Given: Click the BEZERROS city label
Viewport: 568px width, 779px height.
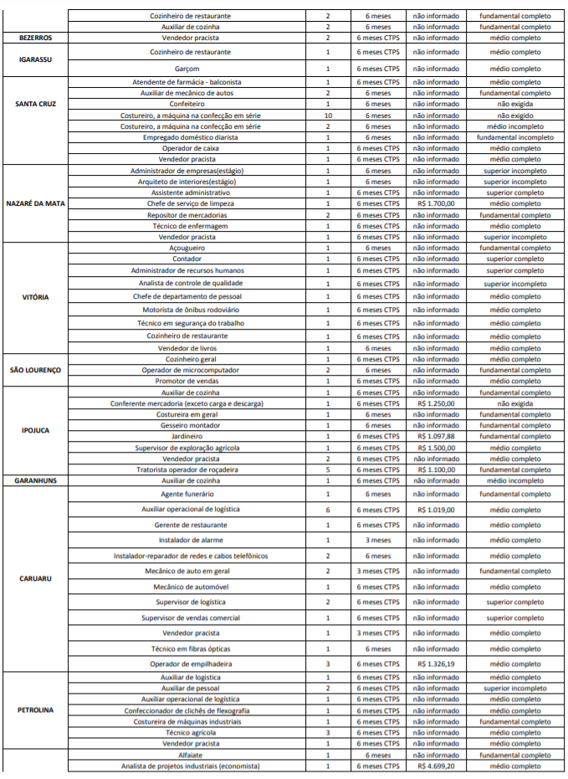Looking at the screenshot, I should [36, 38].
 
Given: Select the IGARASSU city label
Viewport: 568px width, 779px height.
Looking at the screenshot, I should [36, 59].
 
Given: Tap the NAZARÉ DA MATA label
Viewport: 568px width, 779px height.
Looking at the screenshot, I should [36, 203].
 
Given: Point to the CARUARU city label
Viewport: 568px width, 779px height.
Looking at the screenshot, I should [36, 578].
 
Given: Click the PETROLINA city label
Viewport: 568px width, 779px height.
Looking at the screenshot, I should [36, 710].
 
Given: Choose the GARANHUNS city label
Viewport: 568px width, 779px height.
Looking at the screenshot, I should [36, 481].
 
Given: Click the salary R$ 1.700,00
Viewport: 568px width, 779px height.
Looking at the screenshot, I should [434, 203].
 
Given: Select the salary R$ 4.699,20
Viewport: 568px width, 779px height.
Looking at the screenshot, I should [434, 766].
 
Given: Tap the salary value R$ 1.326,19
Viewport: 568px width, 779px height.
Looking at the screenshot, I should [434, 664].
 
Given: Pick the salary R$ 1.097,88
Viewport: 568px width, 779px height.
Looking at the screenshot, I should [434, 436].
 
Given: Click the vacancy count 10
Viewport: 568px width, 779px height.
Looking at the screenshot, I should [328, 115].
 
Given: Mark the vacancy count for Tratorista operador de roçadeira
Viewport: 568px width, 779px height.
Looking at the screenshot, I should [328, 469].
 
